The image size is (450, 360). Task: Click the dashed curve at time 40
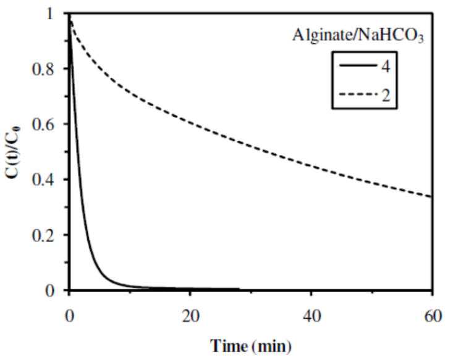coord(312,165)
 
